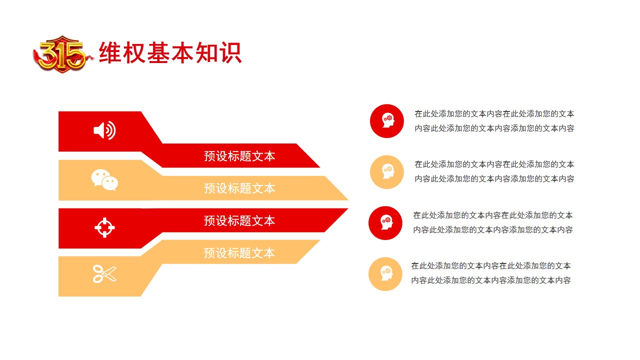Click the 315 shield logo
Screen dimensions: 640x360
point(63,54)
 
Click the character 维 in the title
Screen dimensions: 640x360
point(109,52)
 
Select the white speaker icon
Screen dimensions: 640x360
point(104,130)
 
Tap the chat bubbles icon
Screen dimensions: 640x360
point(104,179)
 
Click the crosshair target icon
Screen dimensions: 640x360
point(104,227)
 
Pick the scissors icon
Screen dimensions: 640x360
point(104,274)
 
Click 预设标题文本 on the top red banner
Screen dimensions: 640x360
point(239,156)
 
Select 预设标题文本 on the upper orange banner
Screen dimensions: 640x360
point(239,188)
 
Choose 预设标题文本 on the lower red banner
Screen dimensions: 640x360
point(239,221)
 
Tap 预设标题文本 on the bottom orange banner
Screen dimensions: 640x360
point(239,253)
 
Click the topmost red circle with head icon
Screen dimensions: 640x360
point(387,121)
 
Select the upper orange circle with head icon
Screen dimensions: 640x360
point(387,172)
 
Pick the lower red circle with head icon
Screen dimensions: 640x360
point(385,223)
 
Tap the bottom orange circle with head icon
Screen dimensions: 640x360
point(385,274)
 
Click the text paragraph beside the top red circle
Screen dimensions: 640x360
point(494,121)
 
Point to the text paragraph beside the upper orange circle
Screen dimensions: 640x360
point(494,171)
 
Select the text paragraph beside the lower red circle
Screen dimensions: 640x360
point(493,222)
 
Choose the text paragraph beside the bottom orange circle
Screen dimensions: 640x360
point(491,273)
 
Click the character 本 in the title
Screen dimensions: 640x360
point(182,52)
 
